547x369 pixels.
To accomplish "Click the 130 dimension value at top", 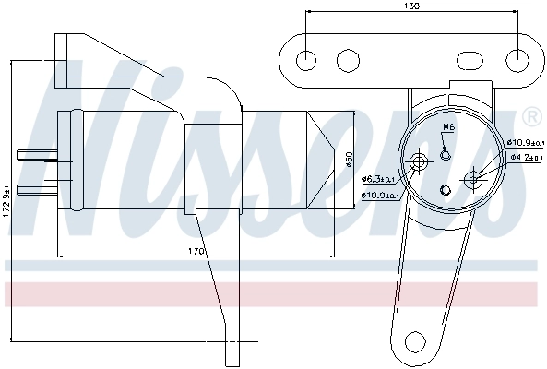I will [x=411, y=6].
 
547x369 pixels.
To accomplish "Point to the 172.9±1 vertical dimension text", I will [x=6, y=197].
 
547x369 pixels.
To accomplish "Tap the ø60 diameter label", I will [x=349, y=158].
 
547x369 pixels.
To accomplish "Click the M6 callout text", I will [x=448, y=127].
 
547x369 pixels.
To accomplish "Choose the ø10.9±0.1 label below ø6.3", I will [x=379, y=196].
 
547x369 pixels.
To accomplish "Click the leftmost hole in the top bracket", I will [x=305, y=60].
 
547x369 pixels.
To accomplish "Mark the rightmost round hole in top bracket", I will [x=517, y=60].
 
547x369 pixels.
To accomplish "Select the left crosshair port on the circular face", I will [x=420, y=163].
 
